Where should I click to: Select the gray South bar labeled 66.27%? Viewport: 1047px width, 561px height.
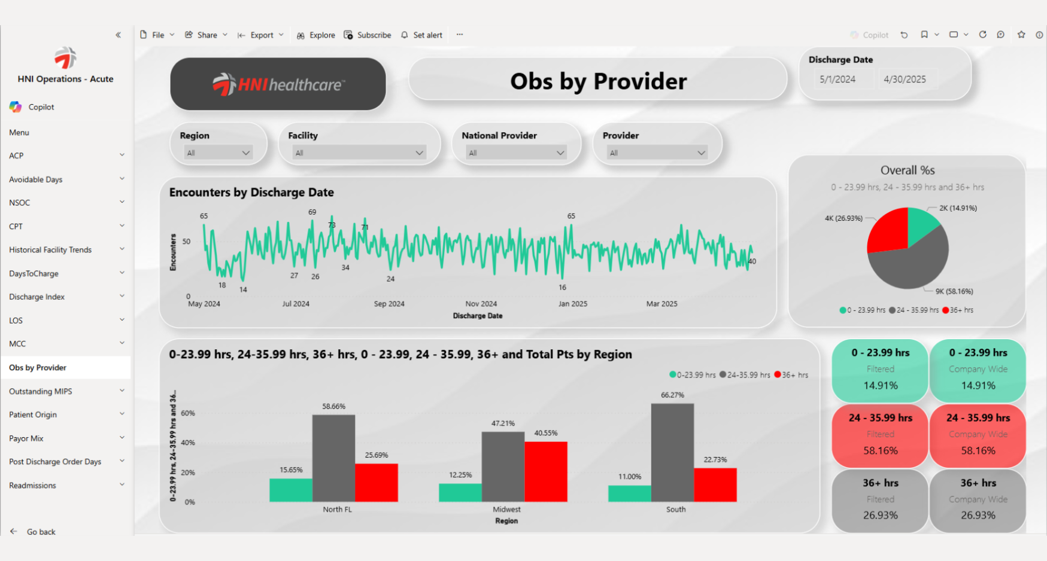point(672,452)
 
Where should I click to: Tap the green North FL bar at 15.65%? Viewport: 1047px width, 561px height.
point(291,490)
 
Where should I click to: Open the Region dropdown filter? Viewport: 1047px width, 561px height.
point(218,153)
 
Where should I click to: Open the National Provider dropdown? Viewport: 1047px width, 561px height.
point(516,153)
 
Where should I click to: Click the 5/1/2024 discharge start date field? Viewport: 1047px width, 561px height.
point(837,80)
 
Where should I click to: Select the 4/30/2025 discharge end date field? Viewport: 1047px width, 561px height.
point(905,80)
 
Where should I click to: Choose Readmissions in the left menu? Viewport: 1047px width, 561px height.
point(33,486)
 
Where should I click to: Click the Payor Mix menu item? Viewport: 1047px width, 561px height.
point(26,438)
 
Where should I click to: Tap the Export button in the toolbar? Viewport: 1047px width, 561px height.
point(262,35)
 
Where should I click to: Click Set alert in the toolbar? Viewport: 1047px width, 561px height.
point(427,35)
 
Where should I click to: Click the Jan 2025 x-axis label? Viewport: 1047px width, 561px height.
point(573,304)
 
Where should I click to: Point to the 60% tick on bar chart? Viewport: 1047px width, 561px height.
point(188,413)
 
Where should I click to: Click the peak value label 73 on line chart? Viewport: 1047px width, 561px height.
point(332,225)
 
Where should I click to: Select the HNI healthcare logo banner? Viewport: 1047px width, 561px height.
point(278,84)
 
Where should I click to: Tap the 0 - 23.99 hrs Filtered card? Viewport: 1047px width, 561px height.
point(880,370)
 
